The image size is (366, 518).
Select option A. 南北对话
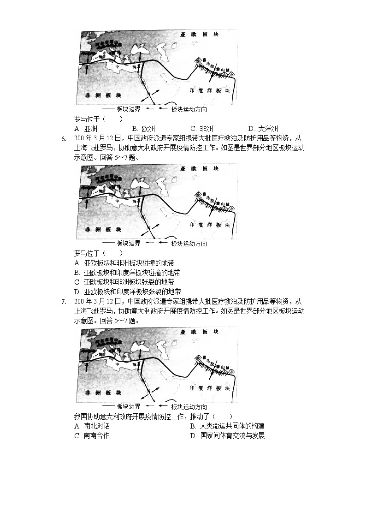click(92, 426)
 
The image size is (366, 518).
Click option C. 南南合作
click(92, 436)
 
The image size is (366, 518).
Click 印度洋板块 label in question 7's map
click(210, 388)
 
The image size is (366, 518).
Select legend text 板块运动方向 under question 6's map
click(189, 244)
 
